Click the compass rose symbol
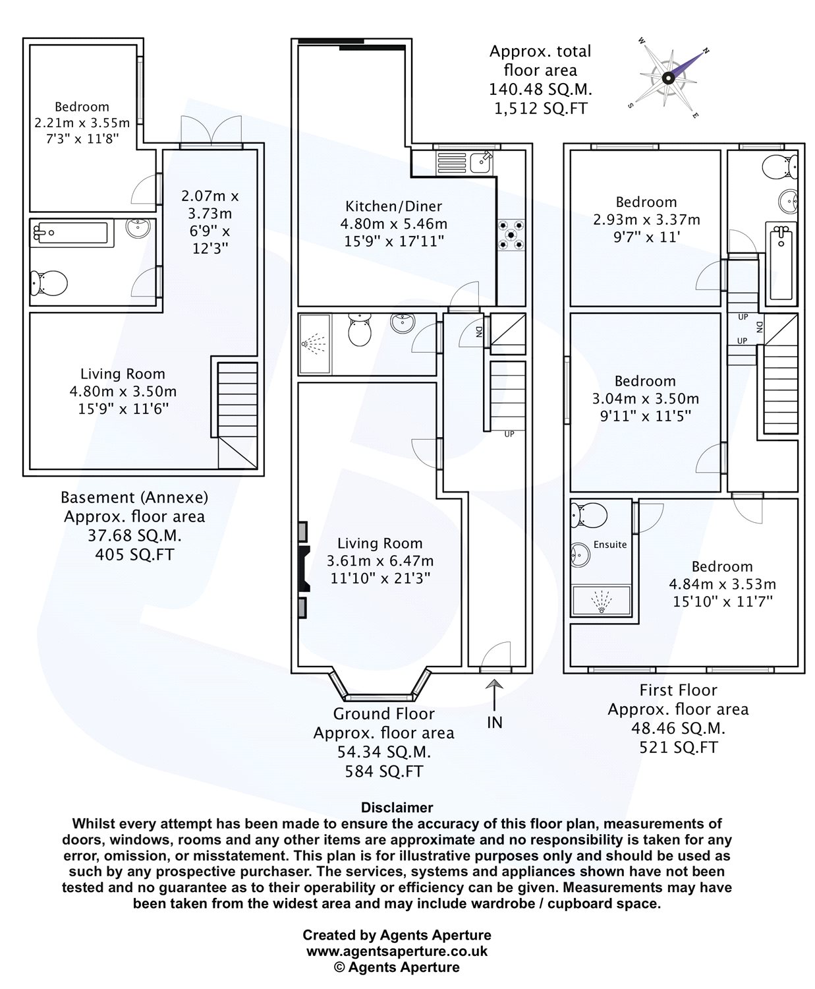[x=668, y=77]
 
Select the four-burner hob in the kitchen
[x=511, y=234]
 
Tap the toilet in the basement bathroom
[x=48, y=284]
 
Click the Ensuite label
[x=610, y=545]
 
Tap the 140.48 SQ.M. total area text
[x=540, y=89]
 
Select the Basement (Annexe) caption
[x=134, y=497]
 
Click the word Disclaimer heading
[x=397, y=807]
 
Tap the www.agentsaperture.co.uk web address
[x=397, y=951]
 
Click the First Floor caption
[x=678, y=690]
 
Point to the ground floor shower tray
[x=314, y=343]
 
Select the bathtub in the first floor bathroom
[x=781, y=262]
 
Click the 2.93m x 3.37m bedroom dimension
[x=646, y=220]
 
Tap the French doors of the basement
[x=211, y=132]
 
